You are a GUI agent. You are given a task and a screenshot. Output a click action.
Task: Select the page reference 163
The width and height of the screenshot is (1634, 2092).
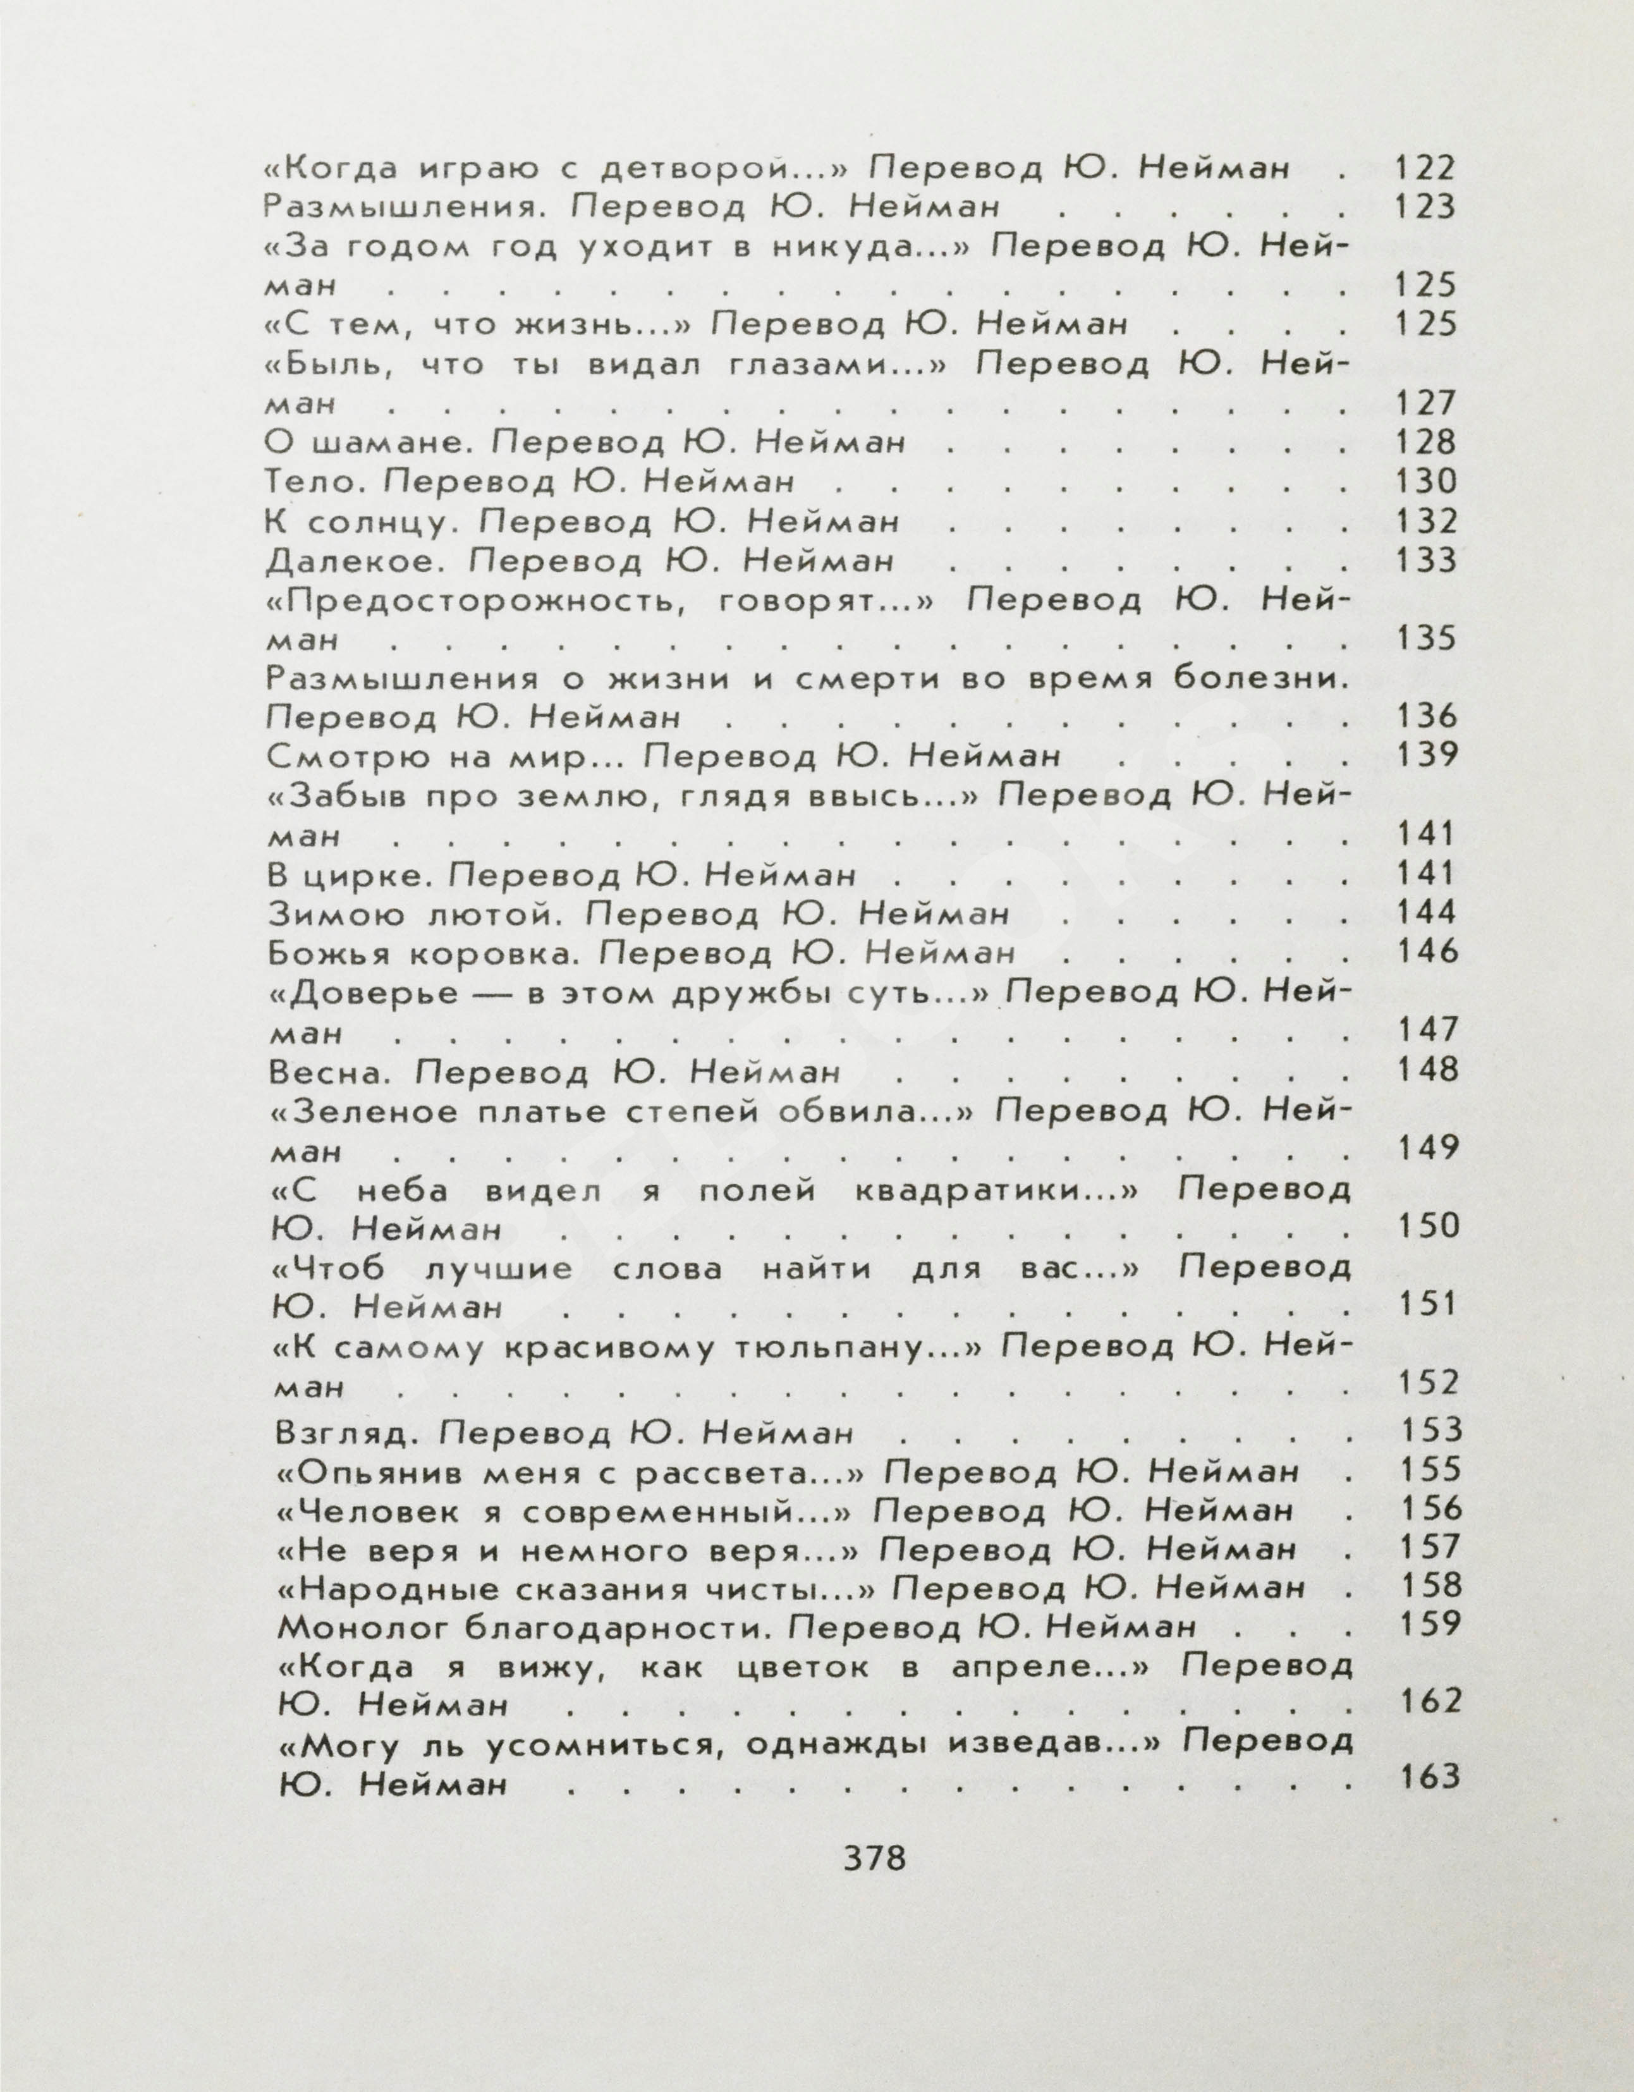pos(1430,1777)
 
